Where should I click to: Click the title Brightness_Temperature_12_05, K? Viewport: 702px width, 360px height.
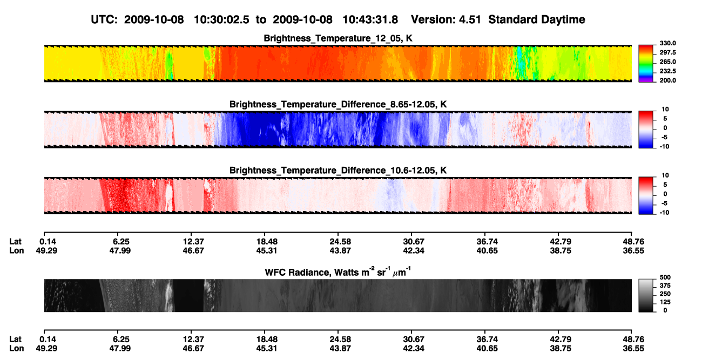coord(338,38)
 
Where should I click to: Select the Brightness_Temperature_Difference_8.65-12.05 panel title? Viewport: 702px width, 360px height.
coord(338,104)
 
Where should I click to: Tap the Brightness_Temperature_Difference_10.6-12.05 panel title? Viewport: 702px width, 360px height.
coord(338,171)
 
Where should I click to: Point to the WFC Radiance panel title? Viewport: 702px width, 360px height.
coord(338,272)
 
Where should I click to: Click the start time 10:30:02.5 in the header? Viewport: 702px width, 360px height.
coord(221,19)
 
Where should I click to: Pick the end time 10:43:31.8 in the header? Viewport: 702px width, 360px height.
coord(370,19)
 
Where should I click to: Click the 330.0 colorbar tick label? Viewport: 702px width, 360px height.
coord(667,43)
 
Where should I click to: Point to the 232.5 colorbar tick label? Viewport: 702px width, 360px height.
coord(667,71)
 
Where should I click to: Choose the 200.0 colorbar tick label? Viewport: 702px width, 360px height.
coord(667,80)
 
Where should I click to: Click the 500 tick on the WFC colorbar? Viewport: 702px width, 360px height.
coord(665,277)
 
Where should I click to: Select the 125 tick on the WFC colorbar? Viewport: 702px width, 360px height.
coord(665,302)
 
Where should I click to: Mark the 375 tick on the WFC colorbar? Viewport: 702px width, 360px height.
coord(665,286)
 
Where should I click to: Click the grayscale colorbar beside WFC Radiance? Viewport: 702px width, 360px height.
coord(646,295)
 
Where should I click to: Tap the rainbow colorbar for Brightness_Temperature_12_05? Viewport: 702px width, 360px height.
coord(646,64)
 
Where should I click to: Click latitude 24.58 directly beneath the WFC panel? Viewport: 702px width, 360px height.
coord(340,339)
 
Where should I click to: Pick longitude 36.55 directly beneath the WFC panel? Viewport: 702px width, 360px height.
coord(633,349)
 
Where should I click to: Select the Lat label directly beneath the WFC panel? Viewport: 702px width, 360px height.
coord(15,339)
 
